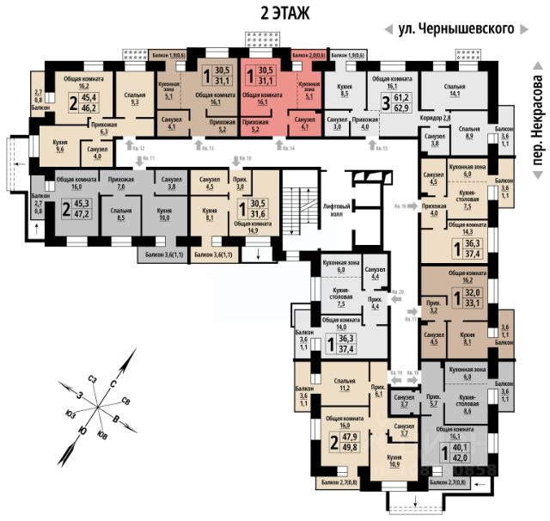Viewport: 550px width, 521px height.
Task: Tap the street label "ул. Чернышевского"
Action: [456, 28]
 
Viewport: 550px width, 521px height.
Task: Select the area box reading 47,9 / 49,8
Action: [349, 451]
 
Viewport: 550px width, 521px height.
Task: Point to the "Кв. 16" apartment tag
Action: [400, 207]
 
